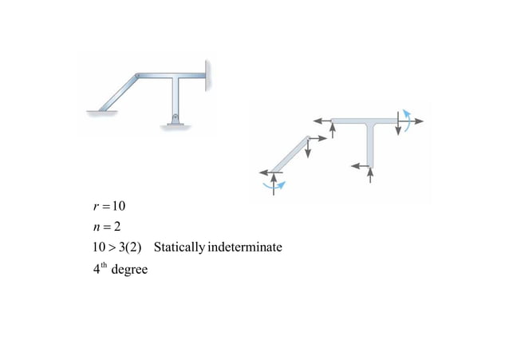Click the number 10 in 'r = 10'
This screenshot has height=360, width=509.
point(117,206)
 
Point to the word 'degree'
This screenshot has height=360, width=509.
point(129,269)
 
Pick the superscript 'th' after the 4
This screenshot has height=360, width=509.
point(102,265)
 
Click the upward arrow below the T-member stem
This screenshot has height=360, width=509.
point(370,176)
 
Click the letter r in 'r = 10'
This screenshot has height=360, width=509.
point(95,206)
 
